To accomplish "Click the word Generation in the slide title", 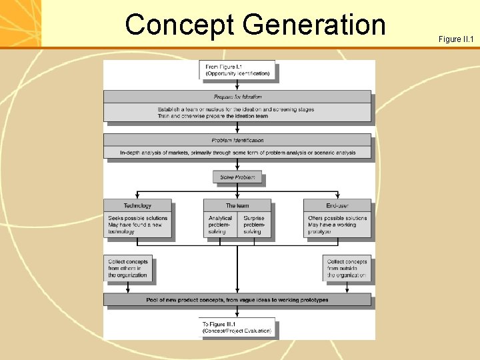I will pyautogui.click(x=314, y=25).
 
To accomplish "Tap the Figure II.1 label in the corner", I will pyautogui.click(x=456, y=39).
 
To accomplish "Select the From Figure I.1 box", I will pyautogui.click(x=237, y=70).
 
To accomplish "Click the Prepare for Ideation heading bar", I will pyautogui.click(x=237, y=97).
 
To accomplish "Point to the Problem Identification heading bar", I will pyautogui.click(x=237, y=140).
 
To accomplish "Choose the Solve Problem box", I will pyautogui.click(x=237, y=177).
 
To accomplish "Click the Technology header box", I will pyautogui.click(x=137, y=205).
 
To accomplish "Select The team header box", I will pyautogui.click(x=237, y=205).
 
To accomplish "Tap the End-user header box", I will pyautogui.click(x=337, y=205).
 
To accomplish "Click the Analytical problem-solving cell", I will pyautogui.click(x=221, y=225).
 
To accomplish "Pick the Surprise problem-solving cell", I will pyautogui.click(x=254, y=225).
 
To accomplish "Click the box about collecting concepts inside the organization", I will pyautogui.click(x=128, y=268).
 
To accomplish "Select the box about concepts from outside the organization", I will pyautogui.click(x=347, y=268).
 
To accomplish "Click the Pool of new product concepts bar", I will pyautogui.click(x=237, y=300).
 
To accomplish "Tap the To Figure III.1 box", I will pyautogui.click(x=237, y=327).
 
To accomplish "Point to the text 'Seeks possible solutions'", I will pyautogui.click(x=138, y=218).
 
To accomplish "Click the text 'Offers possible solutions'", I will pyautogui.click(x=337, y=218).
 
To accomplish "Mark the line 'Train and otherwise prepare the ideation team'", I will pyautogui.click(x=213, y=116).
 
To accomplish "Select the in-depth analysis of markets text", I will pyautogui.click(x=237, y=153).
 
